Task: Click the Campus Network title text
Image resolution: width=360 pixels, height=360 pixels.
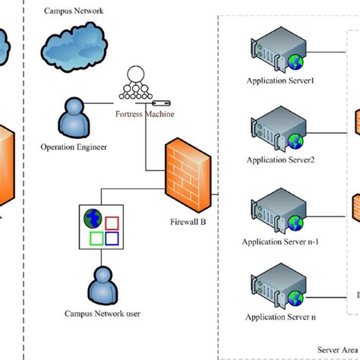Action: (74, 12)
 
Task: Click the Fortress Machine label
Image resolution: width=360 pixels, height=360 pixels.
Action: (144, 115)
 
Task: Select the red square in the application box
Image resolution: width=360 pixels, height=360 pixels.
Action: (112, 222)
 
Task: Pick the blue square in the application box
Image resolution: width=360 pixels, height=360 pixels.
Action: (112, 239)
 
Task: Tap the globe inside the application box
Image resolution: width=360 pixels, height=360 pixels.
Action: (93, 219)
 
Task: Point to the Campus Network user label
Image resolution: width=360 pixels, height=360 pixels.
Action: (102, 313)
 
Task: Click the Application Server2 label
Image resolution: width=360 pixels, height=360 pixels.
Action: (275, 160)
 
